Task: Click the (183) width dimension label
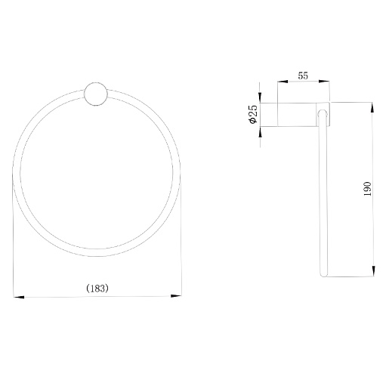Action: (x=97, y=288)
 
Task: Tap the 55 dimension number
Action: (x=303, y=76)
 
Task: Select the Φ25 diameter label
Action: (x=253, y=114)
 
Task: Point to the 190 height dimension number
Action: (x=368, y=189)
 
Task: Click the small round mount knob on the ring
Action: (x=96, y=94)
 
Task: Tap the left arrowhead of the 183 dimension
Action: (x=19, y=297)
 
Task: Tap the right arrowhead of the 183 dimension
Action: (x=176, y=296)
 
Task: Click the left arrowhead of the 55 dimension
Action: (x=282, y=82)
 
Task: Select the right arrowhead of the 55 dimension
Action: (x=324, y=81)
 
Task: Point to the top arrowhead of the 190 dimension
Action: (x=372, y=107)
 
